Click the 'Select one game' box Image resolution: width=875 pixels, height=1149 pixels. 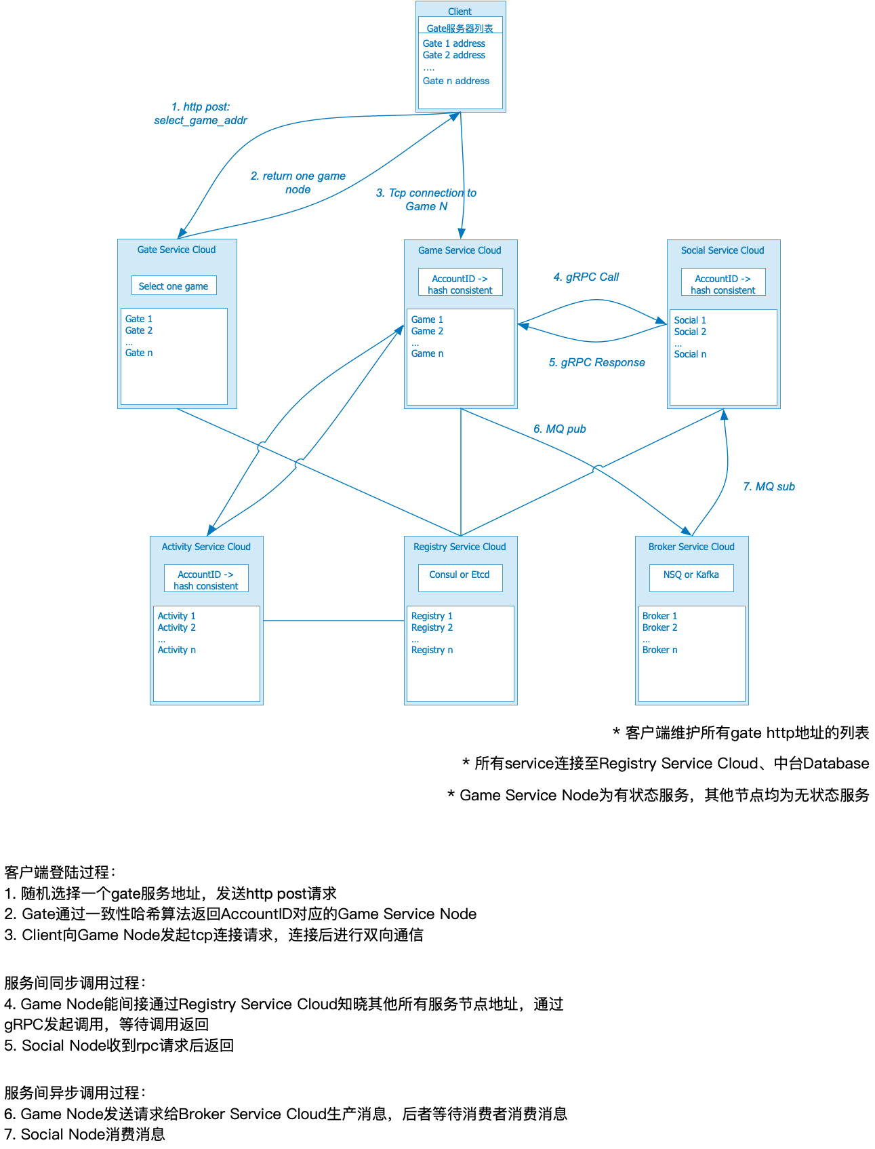(174, 286)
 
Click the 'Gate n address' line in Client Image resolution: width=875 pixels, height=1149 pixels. (455, 81)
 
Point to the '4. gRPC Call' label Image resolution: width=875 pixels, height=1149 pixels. (586, 277)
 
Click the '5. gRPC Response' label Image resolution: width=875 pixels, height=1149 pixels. (596, 362)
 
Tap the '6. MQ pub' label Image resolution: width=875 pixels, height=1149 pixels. (559, 429)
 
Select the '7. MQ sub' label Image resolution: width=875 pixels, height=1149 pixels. (769, 486)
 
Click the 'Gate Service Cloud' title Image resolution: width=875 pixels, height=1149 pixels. (176, 250)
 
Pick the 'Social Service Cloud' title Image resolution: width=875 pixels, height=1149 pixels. (723, 250)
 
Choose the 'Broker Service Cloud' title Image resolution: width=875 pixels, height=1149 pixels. (691, 547)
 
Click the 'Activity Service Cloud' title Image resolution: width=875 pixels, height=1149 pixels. (206, 547)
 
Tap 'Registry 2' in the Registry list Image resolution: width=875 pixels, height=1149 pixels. (432, 627)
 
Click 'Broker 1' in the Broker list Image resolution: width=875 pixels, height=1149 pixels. (659, 616)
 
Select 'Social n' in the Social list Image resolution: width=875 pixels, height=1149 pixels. (690, 354)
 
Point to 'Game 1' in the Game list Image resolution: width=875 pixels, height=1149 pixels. (427, 319)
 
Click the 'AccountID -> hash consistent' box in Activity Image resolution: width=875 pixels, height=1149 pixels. (206, 579)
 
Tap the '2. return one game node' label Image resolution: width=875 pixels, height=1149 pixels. (298, 182)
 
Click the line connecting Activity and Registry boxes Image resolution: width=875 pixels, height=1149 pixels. (333, 621)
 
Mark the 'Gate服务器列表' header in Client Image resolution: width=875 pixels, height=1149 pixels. (460, 28)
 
